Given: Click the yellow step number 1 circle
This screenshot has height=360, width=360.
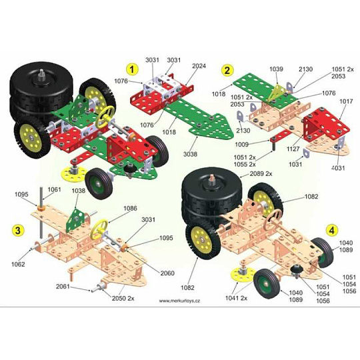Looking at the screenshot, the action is (x=132, y=69).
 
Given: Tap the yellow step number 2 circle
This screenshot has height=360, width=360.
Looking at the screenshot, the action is (x=227, y=70).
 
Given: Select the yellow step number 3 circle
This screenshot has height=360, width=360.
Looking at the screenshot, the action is (x=18, y=230).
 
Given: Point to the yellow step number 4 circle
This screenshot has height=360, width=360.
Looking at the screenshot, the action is (x=332, y=230).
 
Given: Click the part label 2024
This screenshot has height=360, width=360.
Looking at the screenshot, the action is (x=199, y=66).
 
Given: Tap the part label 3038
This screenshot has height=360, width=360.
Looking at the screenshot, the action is (x=190, y=154).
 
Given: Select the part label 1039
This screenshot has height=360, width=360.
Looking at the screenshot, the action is (x=277, y=69).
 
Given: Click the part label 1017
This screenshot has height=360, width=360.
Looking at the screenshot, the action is (x=346, y=101).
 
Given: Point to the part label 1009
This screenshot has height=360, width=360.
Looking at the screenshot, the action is (x=242, y=145).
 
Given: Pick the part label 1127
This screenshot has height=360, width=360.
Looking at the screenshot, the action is (x=293, y=149).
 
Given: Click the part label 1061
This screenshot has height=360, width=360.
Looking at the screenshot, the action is (x=55, y=189).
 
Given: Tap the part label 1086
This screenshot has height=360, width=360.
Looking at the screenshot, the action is (x=130, y=208).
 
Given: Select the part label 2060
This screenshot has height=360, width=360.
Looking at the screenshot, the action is (x=167, y=273).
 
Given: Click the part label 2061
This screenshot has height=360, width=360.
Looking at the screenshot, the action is (x=63, y=287).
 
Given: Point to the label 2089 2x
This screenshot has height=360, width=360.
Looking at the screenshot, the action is (x=261, y=174).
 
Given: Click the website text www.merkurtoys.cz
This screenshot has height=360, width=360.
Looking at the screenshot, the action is (x=179, y=301).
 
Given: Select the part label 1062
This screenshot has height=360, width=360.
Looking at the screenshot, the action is (x=18, y=264).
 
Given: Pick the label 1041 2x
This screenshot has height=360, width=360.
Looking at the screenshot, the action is (x=236, y=298).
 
